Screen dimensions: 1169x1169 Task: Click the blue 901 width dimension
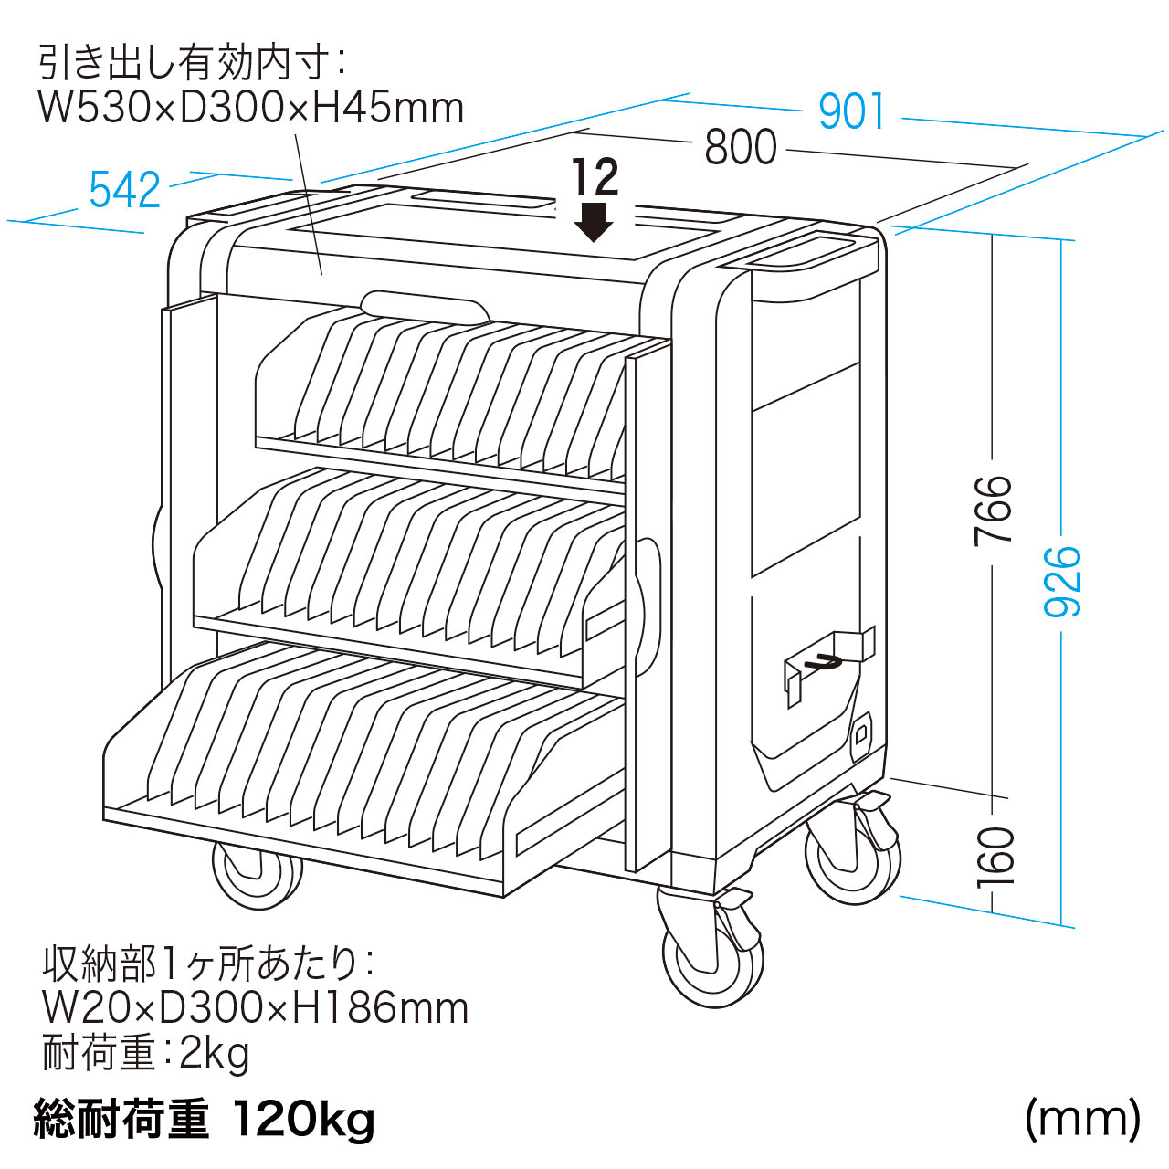click(x=851, y=111)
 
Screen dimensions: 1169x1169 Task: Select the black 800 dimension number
click(x=740, y=147)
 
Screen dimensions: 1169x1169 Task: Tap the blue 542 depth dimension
click(x=124, y=190)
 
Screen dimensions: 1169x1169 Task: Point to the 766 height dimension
click(x=993, y=511)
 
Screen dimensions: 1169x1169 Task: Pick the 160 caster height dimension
click(x=995, y=857)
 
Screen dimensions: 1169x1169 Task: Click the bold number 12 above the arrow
click(x=595, y=177)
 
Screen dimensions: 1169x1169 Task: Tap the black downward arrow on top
click(x=593, y=222)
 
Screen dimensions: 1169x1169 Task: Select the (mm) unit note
click(x=1083, y=1118)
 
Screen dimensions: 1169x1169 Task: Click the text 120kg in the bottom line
click(x=303, y=1120)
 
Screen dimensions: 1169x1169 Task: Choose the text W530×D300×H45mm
click(x=251, y=108)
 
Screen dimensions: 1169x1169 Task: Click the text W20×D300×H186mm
click(x=256, y=1007)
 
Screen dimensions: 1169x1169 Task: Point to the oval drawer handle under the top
click(x=425, y=309)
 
